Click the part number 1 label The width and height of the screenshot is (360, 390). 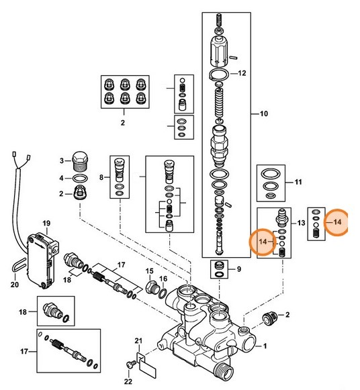(x=265, y=346)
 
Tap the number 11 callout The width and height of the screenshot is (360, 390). (x=299, y=181)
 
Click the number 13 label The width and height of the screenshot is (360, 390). (x=301, y=222)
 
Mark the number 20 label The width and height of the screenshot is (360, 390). (x=15, y=284)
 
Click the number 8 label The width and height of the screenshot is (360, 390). (x=102, y=177)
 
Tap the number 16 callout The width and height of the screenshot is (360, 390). (x=163, y=279)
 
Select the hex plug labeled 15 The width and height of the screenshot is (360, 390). (x=151, y=289)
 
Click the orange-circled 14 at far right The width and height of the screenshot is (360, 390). (x=337, y=222)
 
